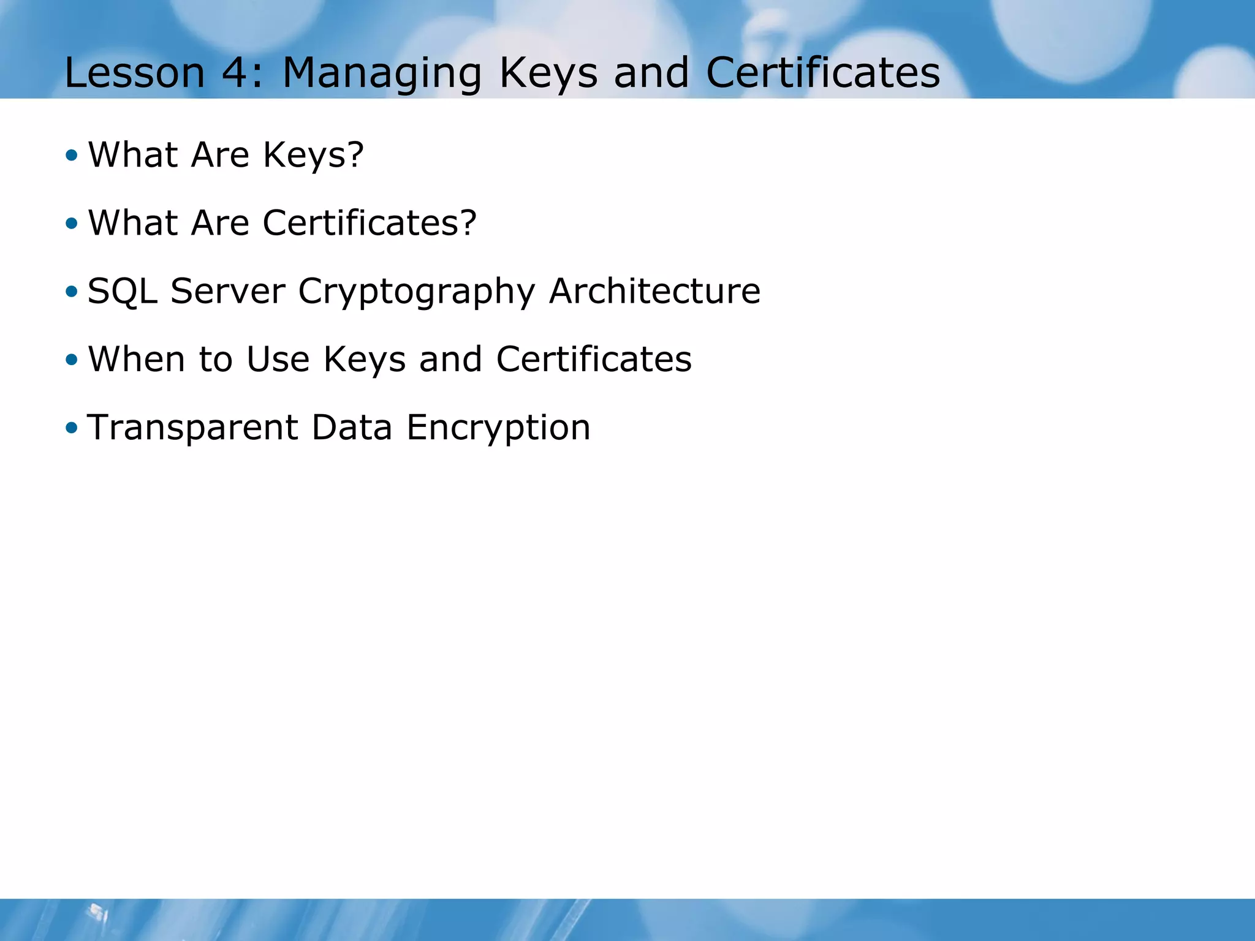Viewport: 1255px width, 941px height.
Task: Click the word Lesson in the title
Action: [134, 73]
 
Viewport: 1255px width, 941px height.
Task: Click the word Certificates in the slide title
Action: [823, 73]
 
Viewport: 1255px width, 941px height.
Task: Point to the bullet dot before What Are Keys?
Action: [72, 155]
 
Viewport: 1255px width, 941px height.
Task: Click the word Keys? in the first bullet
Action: [313, 155]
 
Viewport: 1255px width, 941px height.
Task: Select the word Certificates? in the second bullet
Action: [370, 222]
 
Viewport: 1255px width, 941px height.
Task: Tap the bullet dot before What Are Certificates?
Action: [72, 224]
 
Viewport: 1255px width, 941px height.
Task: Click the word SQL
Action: [123, 291]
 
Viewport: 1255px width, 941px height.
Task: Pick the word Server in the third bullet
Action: [228, 291]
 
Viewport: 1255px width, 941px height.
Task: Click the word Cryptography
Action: [417, 292]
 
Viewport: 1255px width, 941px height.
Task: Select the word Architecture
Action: [654, 291]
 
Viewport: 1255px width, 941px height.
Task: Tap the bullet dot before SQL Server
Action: [72, 292]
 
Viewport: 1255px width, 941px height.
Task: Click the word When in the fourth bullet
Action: [137, 359]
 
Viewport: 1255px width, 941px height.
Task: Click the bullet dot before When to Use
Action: [72, 360]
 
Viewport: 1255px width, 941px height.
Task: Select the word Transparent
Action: [193, 428]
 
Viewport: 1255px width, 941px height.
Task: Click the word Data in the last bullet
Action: [352, 428]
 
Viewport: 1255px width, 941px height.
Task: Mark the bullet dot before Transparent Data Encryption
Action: [72, 428]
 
